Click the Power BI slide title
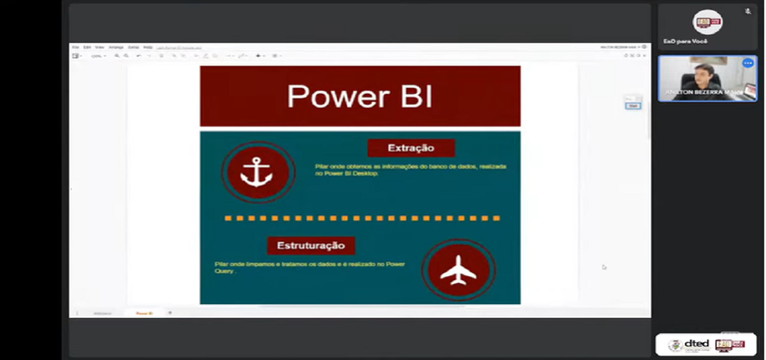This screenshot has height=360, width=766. (x=359, y=97)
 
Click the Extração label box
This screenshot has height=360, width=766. (x=410, y=148)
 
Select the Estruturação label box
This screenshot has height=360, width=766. (x=310, y=244)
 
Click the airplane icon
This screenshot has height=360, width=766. (x=457, y=270)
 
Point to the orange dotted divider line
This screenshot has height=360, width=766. (x=361, y=217)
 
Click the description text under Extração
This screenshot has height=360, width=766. (x=410, y=169)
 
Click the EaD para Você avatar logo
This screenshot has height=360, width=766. (x=707, y=22)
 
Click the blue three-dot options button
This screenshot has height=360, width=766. (x=747, y=63)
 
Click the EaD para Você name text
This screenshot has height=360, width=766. (x=685, y=41)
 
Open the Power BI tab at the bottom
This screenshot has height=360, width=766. (x=144, y=313)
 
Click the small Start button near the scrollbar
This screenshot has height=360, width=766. (x=632, y=105)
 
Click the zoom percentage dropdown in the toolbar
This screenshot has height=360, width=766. (x=98, y=56)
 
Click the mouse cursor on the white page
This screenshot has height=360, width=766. (x=602, y=266)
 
